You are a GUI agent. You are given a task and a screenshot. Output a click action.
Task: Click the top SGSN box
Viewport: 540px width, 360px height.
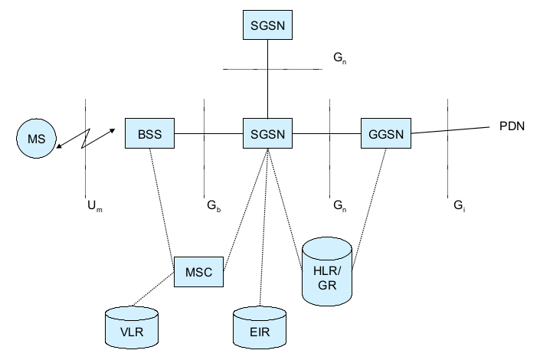click(x=267, y=25)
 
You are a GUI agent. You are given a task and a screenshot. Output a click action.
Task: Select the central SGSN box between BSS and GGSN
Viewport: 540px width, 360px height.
click(x=267, y=133)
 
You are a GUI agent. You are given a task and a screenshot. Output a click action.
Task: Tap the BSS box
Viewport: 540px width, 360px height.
click(x=149, y=133)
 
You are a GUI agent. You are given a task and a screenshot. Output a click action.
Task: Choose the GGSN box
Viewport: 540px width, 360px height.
click(x=385, y=133)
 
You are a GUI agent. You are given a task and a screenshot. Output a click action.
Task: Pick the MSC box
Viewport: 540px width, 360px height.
click(x=198, y=271)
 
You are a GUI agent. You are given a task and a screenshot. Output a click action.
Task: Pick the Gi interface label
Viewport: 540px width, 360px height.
click(x=458, y=206)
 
